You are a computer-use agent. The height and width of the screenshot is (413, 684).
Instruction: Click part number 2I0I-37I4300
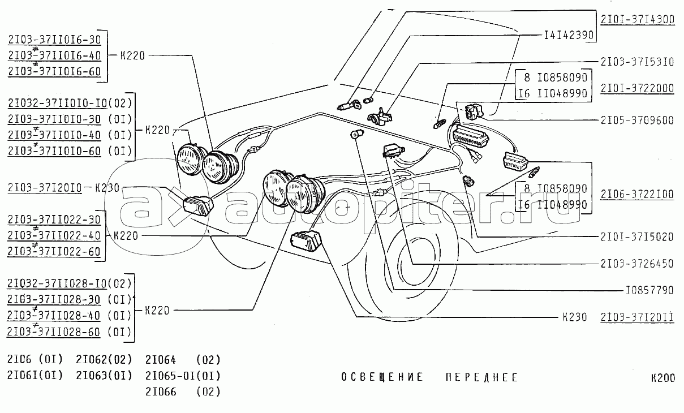tap(637, 19)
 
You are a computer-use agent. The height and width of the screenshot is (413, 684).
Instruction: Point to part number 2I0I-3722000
tap(637, 88)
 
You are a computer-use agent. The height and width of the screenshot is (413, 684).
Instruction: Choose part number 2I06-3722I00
tap(637, 194)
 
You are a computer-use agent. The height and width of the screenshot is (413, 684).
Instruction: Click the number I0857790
tap(649, 290)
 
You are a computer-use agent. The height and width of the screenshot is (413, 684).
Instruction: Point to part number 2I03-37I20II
tap(637, 316)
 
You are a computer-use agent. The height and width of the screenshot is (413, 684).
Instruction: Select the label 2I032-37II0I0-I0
tap(57, 104)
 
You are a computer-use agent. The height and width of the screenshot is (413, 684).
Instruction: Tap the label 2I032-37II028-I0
tap(57, 283)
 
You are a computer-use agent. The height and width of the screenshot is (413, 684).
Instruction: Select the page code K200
tap(662, 378)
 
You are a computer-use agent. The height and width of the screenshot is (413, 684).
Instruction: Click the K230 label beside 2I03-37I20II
tap(575, 316)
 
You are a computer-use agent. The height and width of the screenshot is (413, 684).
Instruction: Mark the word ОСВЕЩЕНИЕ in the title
tap(382, 377)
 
